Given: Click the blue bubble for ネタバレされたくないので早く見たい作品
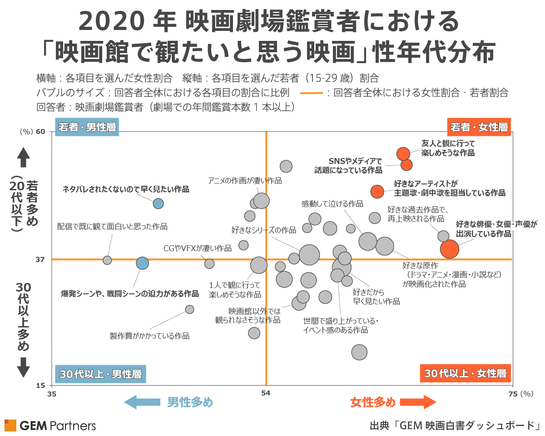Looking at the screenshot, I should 158,203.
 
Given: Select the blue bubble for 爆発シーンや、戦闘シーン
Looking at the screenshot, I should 143,263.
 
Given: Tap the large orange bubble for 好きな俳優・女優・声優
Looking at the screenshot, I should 450,249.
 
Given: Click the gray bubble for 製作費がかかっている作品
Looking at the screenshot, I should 190,309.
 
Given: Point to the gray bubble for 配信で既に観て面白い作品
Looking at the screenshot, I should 107,260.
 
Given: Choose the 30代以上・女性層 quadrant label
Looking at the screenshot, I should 466,374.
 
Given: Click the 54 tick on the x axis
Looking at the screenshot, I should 266,394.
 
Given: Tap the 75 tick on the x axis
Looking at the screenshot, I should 513,394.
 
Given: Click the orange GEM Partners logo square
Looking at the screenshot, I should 10,426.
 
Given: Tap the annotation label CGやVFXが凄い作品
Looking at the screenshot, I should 197,248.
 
